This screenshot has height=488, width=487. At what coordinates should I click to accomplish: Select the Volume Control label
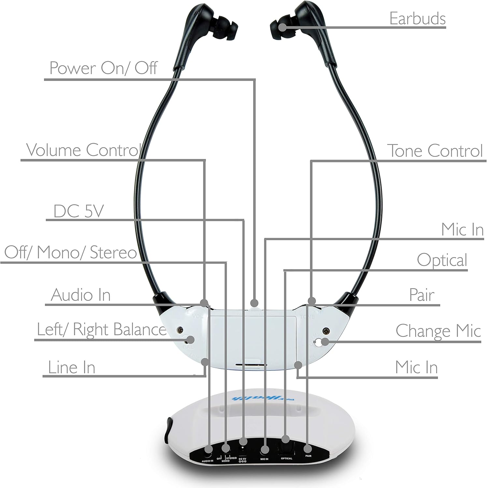tap(83, 150)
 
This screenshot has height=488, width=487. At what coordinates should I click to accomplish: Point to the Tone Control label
tap(435, 151)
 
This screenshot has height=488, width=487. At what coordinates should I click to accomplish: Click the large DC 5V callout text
tap(78, 211)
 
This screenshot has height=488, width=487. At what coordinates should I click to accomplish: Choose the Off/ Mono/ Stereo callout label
tap(70, 252)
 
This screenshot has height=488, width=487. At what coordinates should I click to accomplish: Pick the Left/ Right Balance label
tap(101, 329)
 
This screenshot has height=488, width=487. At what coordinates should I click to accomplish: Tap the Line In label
tap(72, 367)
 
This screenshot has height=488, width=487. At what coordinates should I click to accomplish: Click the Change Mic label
tap(438, 331)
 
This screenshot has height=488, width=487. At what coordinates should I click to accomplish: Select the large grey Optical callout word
tap(442, 260)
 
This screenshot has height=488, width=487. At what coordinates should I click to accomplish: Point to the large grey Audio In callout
tap(81, 295)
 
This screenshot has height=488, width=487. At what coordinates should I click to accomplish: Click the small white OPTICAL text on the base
tap(286, 458)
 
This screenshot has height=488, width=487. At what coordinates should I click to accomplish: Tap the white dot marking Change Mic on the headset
tap(324, 342)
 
